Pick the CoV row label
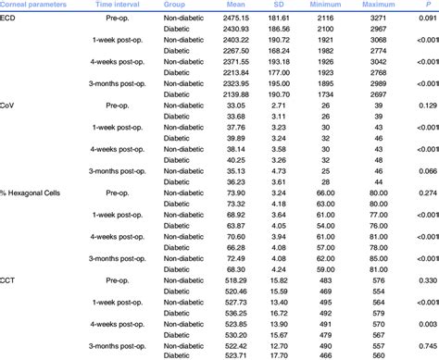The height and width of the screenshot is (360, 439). click(9, 106)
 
